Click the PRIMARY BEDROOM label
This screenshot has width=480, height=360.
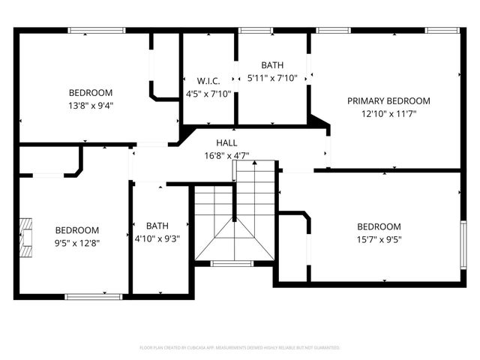(388, 101)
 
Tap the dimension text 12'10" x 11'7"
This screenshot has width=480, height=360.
(388, 114)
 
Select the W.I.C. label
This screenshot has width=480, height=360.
(208, 81)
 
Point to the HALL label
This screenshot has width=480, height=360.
(226, 142)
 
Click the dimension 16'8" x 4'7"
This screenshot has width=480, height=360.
(226, 156)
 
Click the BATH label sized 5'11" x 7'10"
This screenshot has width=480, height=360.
(272, 65)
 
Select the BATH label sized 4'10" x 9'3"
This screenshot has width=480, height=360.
(157, 226)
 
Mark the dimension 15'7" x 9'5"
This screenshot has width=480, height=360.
(379, 239)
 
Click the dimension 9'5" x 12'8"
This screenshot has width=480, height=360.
(77, 243)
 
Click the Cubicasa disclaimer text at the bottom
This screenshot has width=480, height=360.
(240, 348)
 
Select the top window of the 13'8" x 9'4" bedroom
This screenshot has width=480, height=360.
(97, 30)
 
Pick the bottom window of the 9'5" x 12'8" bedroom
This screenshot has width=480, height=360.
(93, 296)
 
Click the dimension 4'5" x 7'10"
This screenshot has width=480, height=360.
(208, 94)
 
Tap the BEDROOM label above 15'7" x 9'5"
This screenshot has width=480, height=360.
(379, 226)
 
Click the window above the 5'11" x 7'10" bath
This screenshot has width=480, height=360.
(254, 30)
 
